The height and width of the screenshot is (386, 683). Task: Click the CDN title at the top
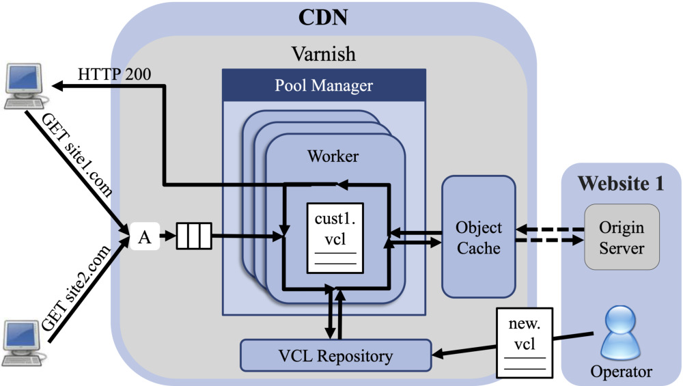(x=323, y=16)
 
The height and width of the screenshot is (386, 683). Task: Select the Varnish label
(x=323, y=53)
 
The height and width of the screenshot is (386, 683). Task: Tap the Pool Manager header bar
(x=324, y=85)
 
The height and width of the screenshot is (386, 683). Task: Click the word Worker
(x=334, y=156)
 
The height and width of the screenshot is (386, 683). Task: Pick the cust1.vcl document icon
(x=335, y=238)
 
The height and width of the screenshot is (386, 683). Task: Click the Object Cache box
(x=479, y=236)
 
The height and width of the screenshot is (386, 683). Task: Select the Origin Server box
(x=621, y=236)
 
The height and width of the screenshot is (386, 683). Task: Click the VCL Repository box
(x=335, y=355)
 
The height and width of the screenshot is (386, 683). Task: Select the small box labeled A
(x=144, y=238)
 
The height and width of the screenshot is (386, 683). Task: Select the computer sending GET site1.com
(x=23, y=85)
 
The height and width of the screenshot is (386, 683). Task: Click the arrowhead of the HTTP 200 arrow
(x=59, y=86)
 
